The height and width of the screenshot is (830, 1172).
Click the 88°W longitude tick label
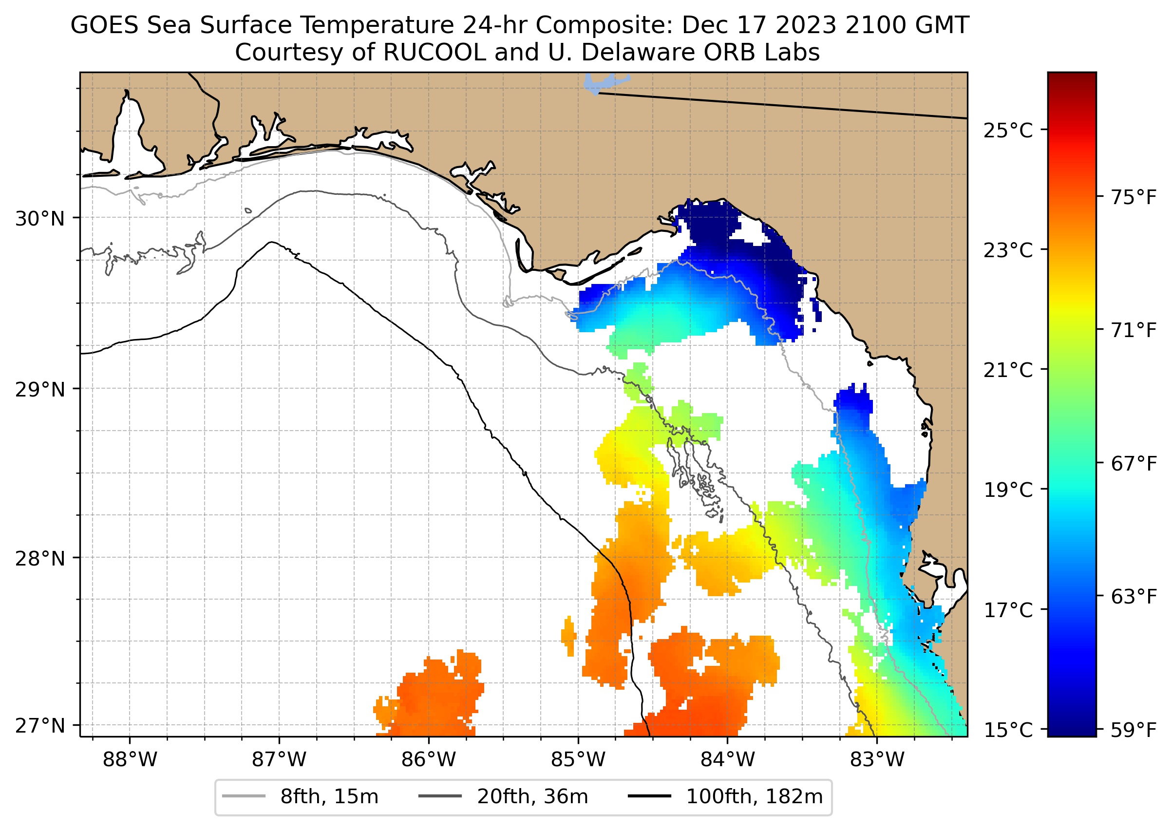point(130,759)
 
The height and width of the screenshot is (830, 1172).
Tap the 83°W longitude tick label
point(877,759)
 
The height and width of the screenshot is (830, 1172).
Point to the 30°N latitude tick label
point(40,219)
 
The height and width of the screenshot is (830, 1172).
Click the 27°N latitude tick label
point(40,725)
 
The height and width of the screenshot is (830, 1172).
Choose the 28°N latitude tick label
point(40,559)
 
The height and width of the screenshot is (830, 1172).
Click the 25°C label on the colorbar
point(1008,131)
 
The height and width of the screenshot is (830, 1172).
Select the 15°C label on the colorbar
point(1008,730)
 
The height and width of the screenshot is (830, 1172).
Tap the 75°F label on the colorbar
point(1133,197)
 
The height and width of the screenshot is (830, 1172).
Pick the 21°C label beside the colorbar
point(1008,370)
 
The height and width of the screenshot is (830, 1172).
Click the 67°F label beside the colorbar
point(1133,464)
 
